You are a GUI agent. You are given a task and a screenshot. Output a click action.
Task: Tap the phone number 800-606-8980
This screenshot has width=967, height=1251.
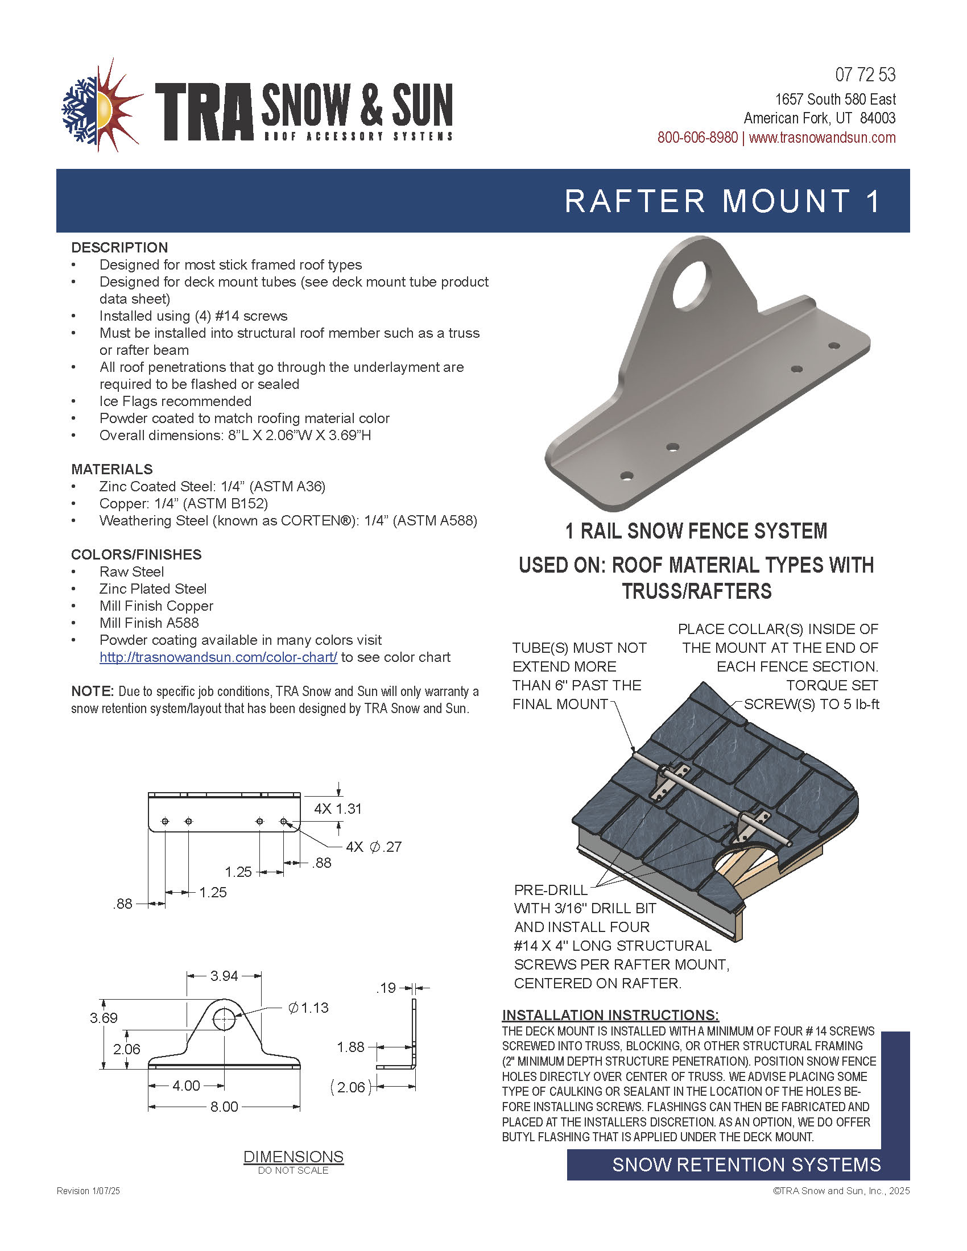(697, 138)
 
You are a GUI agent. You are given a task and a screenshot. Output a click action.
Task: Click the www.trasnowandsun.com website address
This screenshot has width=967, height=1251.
(822, 138)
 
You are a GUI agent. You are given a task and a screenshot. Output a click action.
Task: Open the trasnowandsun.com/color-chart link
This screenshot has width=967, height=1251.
(218, 657)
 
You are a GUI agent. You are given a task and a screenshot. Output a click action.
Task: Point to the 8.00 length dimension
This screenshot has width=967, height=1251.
(224, 1107)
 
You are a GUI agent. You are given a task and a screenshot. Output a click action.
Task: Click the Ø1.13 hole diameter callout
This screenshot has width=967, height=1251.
(309, 1008)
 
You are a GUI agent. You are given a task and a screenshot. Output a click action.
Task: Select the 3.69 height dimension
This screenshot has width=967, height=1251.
(104, 1018)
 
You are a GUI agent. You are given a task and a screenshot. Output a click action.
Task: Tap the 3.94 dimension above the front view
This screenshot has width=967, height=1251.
(224, 975)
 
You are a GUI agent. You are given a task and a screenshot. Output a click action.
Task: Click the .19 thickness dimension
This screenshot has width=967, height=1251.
(387, 988)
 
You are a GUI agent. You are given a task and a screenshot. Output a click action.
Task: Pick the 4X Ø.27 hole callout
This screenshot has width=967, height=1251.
(374, 847)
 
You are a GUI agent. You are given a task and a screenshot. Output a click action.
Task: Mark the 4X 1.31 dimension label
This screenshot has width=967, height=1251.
(337, 809)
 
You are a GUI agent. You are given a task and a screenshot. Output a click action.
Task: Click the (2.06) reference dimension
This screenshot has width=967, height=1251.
(350, 1087)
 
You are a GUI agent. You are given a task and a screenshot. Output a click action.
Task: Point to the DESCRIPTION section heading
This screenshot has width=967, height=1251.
(119, 247)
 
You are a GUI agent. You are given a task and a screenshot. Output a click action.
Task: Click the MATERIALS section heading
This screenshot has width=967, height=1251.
(111, 469)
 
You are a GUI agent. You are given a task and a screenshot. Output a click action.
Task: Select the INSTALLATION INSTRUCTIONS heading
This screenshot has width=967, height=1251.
(610, 1015)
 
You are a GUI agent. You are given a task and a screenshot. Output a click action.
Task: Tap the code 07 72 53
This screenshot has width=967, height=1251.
(865, 75)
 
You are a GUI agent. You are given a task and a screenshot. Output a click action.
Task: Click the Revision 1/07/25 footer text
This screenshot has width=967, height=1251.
(88, 1191)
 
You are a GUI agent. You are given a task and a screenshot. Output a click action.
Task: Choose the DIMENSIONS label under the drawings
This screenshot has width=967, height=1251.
(294, 1157)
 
